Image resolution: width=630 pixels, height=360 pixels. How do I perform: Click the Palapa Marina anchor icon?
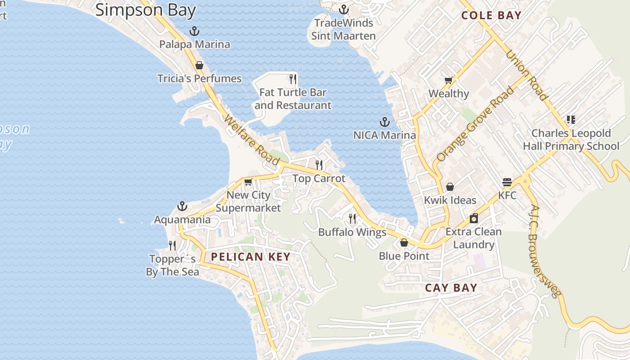[x=194, y=31]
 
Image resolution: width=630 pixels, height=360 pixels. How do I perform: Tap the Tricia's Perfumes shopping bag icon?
[x=199, y=65]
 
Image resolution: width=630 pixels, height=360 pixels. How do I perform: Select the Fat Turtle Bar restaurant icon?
[x=293, y=79]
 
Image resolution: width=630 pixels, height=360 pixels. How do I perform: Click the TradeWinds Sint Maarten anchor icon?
[x=344, y=9]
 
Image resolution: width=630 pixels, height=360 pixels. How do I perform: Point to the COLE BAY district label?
[x=491, y=15]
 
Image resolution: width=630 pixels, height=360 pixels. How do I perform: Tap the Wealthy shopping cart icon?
[x=448, y=81]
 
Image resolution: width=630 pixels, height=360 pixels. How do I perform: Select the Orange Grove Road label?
[x=475, y=124]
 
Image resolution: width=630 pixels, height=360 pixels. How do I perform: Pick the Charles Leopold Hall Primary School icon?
[x=571, y=120]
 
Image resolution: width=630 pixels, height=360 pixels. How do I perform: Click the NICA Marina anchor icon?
[x=384, y=122]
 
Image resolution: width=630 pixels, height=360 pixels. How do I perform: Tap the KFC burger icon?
[x=507, y=183]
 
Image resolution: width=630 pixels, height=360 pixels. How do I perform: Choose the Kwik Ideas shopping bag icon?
[x=450, y=187]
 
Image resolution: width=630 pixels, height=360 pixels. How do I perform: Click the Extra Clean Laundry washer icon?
[x=473, y=218]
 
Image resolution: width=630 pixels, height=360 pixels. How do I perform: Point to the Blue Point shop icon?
[x=404, y=243]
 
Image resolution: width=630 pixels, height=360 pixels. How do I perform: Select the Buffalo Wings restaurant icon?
[x=352, y=219]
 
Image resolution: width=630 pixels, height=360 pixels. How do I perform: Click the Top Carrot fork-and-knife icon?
[x=319, y=165]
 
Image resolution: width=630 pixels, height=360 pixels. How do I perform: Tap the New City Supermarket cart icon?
[x=248, y=182]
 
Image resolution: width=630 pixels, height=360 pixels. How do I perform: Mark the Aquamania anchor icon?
[x=182, y=206]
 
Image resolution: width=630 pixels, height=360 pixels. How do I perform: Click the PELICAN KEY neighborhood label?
[x=251, y=257]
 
